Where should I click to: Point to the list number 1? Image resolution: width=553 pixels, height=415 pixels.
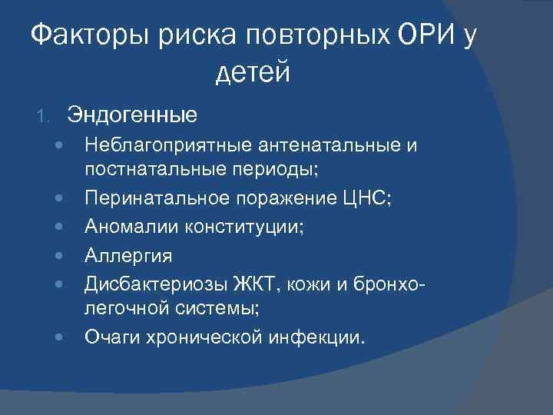[44, 116]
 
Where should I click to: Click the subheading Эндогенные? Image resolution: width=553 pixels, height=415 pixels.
[131, 115]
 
